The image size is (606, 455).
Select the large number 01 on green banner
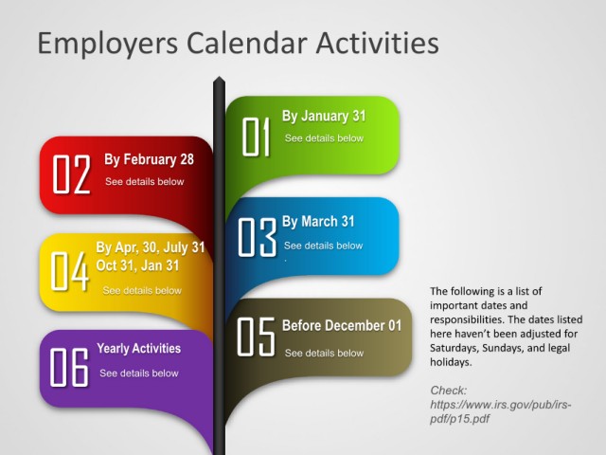(x=256, y=136)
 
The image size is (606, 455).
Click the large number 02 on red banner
(x=72, y=174)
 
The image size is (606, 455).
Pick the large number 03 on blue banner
(x=257, y=237)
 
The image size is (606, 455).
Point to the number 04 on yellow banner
(x=69, y=271)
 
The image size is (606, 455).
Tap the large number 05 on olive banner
(x=256, y=337)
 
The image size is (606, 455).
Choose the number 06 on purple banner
(x=69, y=367)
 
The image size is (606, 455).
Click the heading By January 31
(x=324, y=116)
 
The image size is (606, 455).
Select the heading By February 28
(x=149, y=159)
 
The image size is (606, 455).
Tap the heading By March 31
(x=318, y=221)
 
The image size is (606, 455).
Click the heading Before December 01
(x=342, y=325)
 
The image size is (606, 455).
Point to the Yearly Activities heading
(x=139, y=349)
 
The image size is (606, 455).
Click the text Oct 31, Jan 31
(x=137, y=265)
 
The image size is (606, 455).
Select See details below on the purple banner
(x=139, y=373)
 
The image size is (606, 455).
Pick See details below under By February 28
(x=145, y=181)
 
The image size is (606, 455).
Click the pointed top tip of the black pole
(x=219, y=77)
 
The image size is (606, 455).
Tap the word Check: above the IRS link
(x=448, y=391)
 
